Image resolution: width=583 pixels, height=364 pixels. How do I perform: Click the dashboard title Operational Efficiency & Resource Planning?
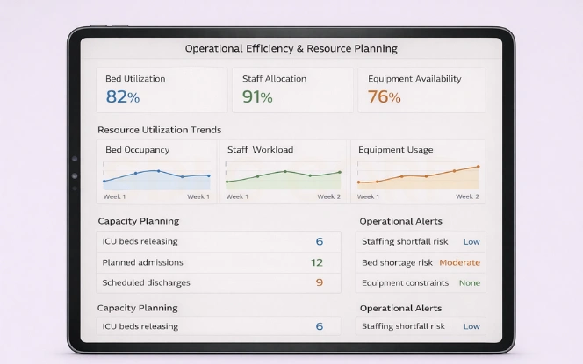[291, 48]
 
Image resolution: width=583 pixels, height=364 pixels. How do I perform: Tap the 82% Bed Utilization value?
[122, 97]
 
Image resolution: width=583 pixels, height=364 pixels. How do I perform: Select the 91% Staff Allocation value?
[257, 97]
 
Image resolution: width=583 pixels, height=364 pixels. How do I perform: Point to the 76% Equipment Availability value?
[384, 97]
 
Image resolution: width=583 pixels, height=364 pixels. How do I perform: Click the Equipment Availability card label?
[414, 79]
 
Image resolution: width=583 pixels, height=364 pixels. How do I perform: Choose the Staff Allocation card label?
[274, 79]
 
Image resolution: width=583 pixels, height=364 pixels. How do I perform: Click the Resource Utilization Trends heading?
[159, 130]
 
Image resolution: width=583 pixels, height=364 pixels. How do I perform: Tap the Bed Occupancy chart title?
[137, 150]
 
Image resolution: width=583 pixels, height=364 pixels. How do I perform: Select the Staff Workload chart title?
[260, 150]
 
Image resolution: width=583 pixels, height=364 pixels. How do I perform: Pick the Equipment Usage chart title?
[395, 150]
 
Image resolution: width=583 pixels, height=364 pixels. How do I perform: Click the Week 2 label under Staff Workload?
[328, 196]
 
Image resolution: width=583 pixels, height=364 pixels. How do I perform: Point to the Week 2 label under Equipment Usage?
[467, 196]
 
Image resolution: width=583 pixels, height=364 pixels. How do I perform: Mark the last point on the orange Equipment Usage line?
[478, 166]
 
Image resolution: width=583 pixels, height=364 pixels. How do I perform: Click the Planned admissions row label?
[142, 262]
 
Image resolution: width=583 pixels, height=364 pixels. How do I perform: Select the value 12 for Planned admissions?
[317, 262]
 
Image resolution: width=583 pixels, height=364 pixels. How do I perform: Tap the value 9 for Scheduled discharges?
[319, 282]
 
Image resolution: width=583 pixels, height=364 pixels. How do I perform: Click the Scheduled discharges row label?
[146, 282]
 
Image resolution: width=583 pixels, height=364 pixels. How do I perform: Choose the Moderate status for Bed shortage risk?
[459, 262]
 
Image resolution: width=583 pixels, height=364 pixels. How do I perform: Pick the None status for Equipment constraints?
[470, 282]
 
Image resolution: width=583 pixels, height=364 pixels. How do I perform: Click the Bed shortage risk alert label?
[396, 262]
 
